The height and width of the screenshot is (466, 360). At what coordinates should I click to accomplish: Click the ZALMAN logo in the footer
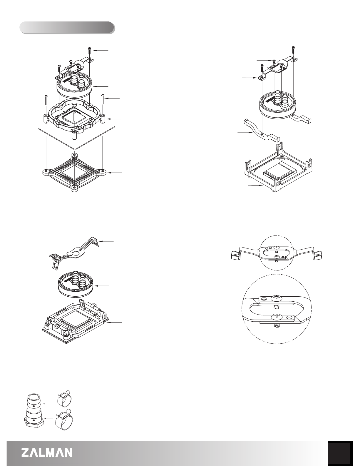coord(47,452)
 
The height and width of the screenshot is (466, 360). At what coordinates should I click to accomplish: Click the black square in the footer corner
coord(340,453)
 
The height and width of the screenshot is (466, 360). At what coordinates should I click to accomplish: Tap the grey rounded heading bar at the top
coord(67,28)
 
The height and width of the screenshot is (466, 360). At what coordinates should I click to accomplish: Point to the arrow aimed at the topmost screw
coord(101,50)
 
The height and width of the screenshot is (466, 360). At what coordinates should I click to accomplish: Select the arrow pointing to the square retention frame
coord(255,185)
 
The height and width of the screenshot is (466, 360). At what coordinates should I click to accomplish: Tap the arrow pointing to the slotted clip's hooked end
coord(106,241)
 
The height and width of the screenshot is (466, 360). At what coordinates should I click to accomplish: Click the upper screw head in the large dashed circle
coord(277,298)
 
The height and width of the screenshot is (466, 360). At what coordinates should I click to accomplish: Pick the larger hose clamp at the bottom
coord(64,419)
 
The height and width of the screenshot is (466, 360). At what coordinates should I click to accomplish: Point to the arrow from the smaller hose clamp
coord(48,404)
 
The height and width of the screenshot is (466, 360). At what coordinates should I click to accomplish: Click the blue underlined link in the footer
coord(58,464)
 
